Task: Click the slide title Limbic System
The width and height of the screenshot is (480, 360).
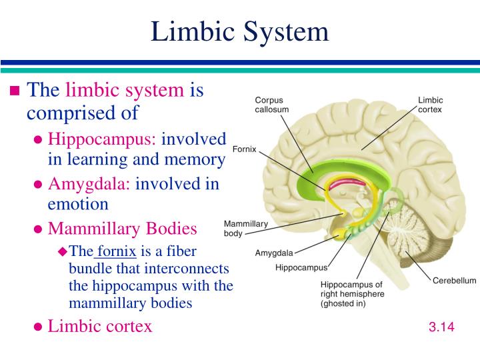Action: [240, 31]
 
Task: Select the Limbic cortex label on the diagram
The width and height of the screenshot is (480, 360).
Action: [430, 105]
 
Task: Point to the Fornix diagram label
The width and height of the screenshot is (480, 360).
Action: [245, 149]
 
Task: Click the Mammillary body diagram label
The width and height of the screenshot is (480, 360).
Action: [245, 229]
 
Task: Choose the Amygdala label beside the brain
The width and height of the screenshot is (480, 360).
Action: [274, 253]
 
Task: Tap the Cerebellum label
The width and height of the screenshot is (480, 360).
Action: [455, 281]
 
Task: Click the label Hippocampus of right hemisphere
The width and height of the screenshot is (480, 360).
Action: [352, 293]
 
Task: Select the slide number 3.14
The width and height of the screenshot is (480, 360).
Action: [441, 327]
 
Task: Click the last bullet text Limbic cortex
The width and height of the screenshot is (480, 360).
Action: [100, 326]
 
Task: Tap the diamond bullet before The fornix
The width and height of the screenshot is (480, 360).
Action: [63, 251]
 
